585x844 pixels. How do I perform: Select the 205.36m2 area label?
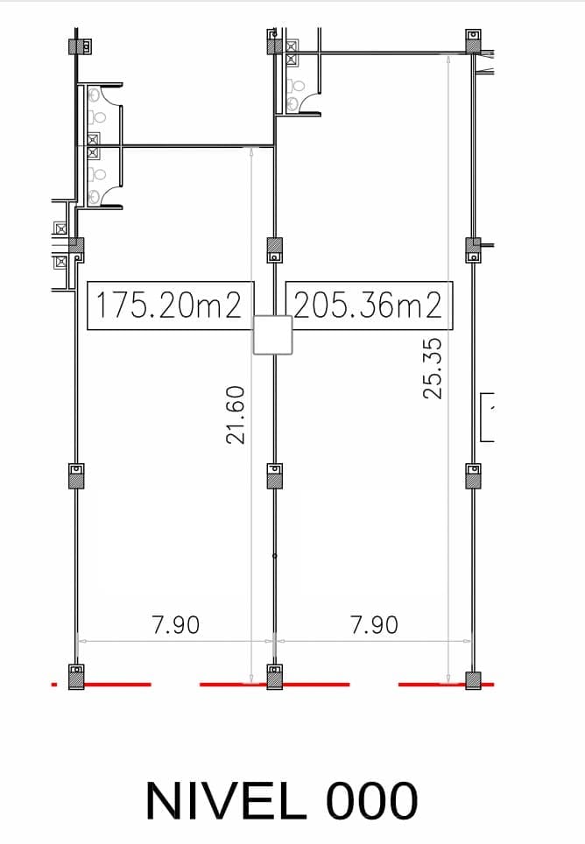(x=369, y=306)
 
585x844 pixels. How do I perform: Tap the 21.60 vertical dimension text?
(x=236, y=414)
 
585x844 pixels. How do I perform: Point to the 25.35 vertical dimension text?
(x=432, y=369)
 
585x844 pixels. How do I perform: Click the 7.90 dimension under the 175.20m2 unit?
(x=176, y=625)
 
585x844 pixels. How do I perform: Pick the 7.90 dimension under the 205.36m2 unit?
(x=375, y=625)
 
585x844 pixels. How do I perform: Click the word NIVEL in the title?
(x=226, y=800)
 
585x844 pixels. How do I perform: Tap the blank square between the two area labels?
(x=273, y=334)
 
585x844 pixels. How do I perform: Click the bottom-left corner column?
(x=76, y=677)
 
